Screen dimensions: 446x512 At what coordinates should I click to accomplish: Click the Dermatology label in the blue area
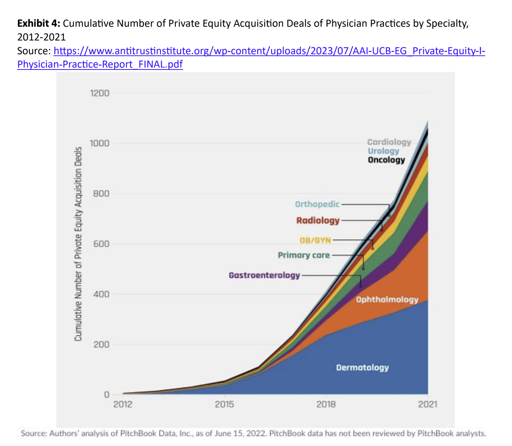coord(362,367)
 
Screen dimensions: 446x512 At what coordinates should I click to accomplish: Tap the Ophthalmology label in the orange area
coord(387,299)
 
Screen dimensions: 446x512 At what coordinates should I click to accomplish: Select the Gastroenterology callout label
coord(264,275)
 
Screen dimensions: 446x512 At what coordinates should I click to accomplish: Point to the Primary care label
coord(304,255)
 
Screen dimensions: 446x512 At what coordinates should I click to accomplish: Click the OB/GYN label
coord(315,240)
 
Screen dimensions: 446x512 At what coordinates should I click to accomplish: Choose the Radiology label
coord(318,220)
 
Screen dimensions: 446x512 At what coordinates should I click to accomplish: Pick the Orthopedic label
coord(317,204)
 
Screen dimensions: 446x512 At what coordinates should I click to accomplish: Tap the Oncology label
coord(386,160)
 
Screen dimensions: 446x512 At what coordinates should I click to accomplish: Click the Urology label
coord(383,151)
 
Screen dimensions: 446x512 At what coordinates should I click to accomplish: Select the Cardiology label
coord(389,142)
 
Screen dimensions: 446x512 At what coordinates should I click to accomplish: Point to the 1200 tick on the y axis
coord(100,93)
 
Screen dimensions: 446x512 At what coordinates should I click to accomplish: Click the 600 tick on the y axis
coord(101,244)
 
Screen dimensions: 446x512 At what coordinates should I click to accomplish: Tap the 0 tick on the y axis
coord(106,394)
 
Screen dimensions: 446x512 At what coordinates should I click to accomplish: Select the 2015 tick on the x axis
coord(224,404)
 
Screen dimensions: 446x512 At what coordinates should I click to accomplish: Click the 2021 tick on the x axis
coord(428,404)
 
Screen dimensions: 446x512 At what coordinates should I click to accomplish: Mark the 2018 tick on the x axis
coord(326,404)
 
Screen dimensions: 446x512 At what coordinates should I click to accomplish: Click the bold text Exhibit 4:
coord(39,24)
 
